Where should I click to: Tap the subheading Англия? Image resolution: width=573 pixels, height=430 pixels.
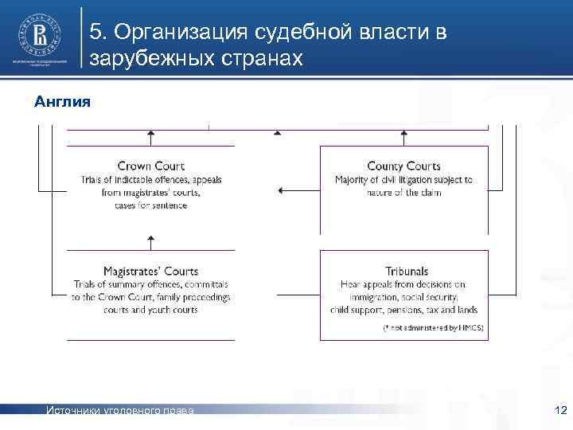pos(63,102)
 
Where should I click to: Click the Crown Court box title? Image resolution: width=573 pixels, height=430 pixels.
pos(150,166)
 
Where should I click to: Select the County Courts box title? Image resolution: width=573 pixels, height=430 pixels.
pos(403,166)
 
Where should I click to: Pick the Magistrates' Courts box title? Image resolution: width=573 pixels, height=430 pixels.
pos(150,272)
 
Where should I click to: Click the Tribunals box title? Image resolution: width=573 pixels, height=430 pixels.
pos(406,272)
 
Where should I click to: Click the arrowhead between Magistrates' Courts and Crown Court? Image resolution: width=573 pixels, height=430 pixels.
pos(150,237)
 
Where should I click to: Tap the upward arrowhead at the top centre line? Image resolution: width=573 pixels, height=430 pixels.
pos(277,132)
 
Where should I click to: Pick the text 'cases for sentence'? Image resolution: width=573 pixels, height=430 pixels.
pos(150,205)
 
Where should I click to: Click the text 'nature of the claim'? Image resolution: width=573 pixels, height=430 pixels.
pos(403,193)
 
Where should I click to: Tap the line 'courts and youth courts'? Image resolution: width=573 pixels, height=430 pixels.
pos(150,309)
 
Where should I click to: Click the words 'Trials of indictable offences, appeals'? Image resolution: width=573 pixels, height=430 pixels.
pos(150,180)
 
